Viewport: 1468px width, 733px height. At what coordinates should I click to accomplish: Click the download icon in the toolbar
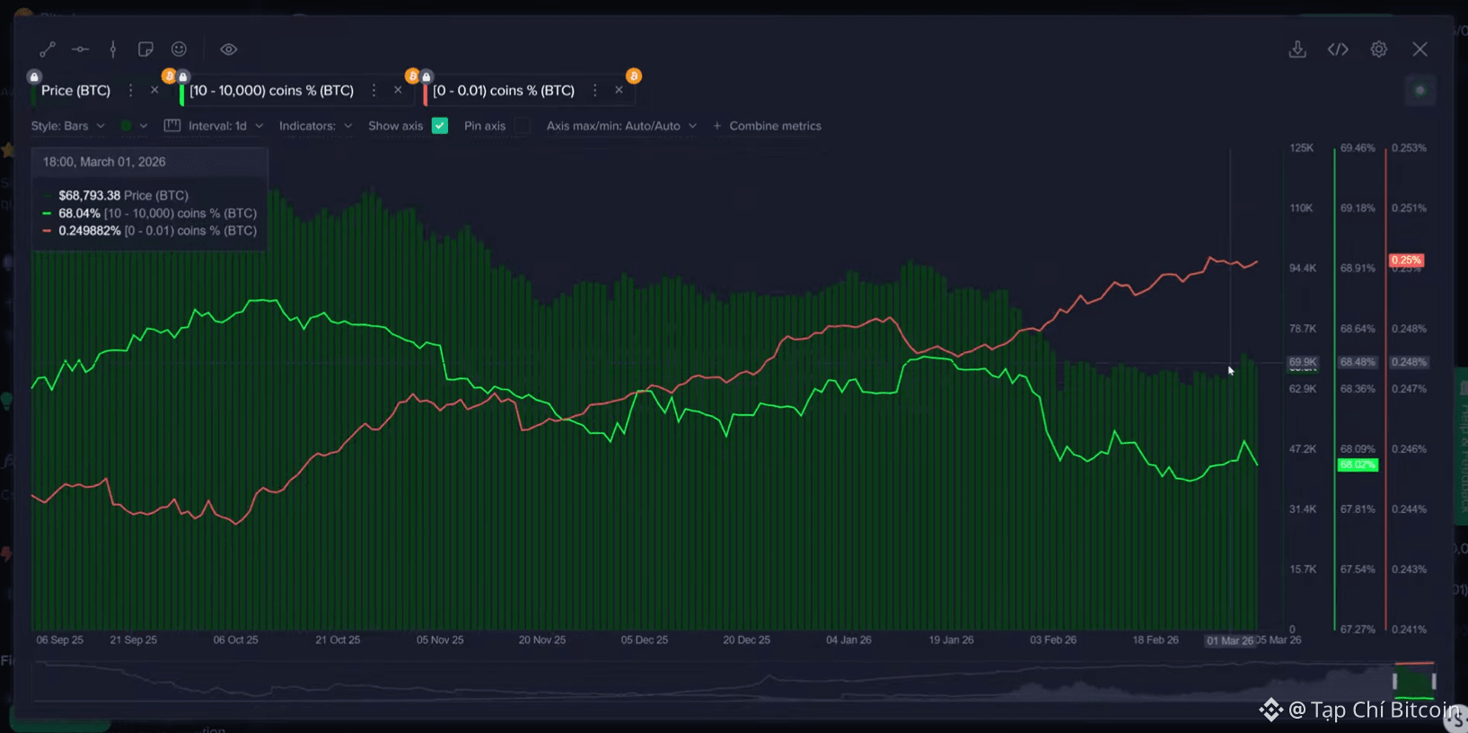[1297, 49]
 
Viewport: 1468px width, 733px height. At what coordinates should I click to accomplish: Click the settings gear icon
[1378, 49]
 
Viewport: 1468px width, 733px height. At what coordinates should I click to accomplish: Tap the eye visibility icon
[229, 49]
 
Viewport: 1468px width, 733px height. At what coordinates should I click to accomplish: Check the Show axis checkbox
[440, 126]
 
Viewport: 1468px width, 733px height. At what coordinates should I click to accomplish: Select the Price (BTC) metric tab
[76, 91]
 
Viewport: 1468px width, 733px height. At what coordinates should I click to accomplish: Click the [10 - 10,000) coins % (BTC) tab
[271, 91]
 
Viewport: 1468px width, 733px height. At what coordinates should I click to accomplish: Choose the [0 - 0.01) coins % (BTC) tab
[503, 91]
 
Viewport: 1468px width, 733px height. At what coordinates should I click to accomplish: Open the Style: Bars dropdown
[68, 126]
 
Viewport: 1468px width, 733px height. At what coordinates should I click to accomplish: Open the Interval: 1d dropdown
[215, 126]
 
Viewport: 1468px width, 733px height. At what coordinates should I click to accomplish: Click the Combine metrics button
[768, 126]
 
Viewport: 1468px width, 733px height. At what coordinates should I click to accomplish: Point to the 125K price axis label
[1302, 147]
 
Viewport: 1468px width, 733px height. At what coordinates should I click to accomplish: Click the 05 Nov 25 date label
[440, 640]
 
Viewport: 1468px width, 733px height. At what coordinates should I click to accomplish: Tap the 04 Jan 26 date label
[848, 640]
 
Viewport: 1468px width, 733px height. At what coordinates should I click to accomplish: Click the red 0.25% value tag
[1406, 261]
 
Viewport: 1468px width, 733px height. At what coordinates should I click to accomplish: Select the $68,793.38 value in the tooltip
[89, 195]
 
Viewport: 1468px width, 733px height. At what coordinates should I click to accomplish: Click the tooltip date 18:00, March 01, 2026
[104, 162]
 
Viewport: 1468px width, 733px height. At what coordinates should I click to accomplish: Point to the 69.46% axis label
[1358, 147]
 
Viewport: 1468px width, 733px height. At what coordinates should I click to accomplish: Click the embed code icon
[1338, 49]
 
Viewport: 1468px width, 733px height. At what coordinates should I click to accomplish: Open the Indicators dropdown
[315, 126]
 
